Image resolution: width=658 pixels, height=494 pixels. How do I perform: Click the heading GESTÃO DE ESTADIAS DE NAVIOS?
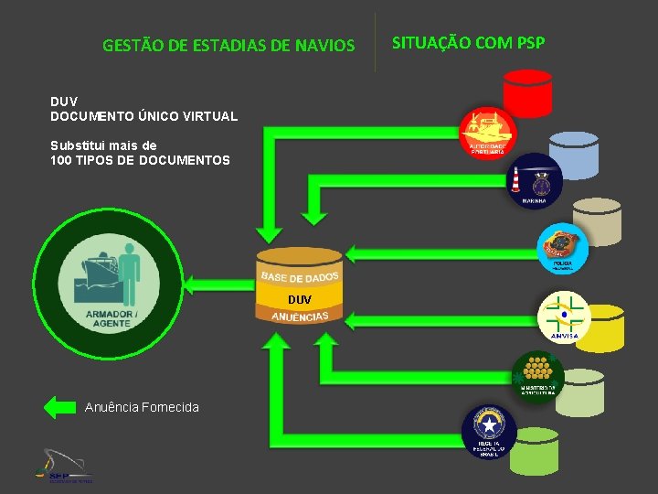[x=228, y=44]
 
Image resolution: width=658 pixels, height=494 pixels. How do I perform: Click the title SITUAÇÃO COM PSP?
[x=468, y=42]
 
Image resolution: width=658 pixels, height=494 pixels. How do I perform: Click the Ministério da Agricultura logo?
[x=536, y=378]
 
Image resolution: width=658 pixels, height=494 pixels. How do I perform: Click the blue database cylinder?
[x=574, y=155]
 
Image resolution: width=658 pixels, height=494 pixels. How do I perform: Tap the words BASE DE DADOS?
[x=300, y=276]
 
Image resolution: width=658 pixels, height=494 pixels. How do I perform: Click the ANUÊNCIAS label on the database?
[x=300, y=317]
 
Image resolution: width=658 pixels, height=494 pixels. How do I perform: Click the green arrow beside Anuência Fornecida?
[x=60, y=407]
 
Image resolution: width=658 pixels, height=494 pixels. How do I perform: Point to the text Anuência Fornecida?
[x=142, y=407]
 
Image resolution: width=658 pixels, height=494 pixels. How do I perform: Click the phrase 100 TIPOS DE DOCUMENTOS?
[x=140, y=160]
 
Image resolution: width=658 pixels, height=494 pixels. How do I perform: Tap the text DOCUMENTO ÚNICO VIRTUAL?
[x=143, y=116]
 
